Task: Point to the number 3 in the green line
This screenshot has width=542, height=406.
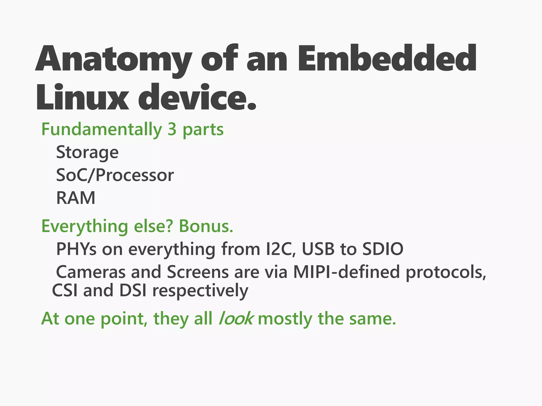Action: click(172, 129)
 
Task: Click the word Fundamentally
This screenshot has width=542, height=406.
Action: click(102, 130)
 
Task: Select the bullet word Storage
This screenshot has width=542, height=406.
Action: click(87, 153)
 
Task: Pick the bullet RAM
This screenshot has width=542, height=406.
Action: click(76, 198)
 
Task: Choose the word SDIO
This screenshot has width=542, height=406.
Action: click(383, 249)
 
